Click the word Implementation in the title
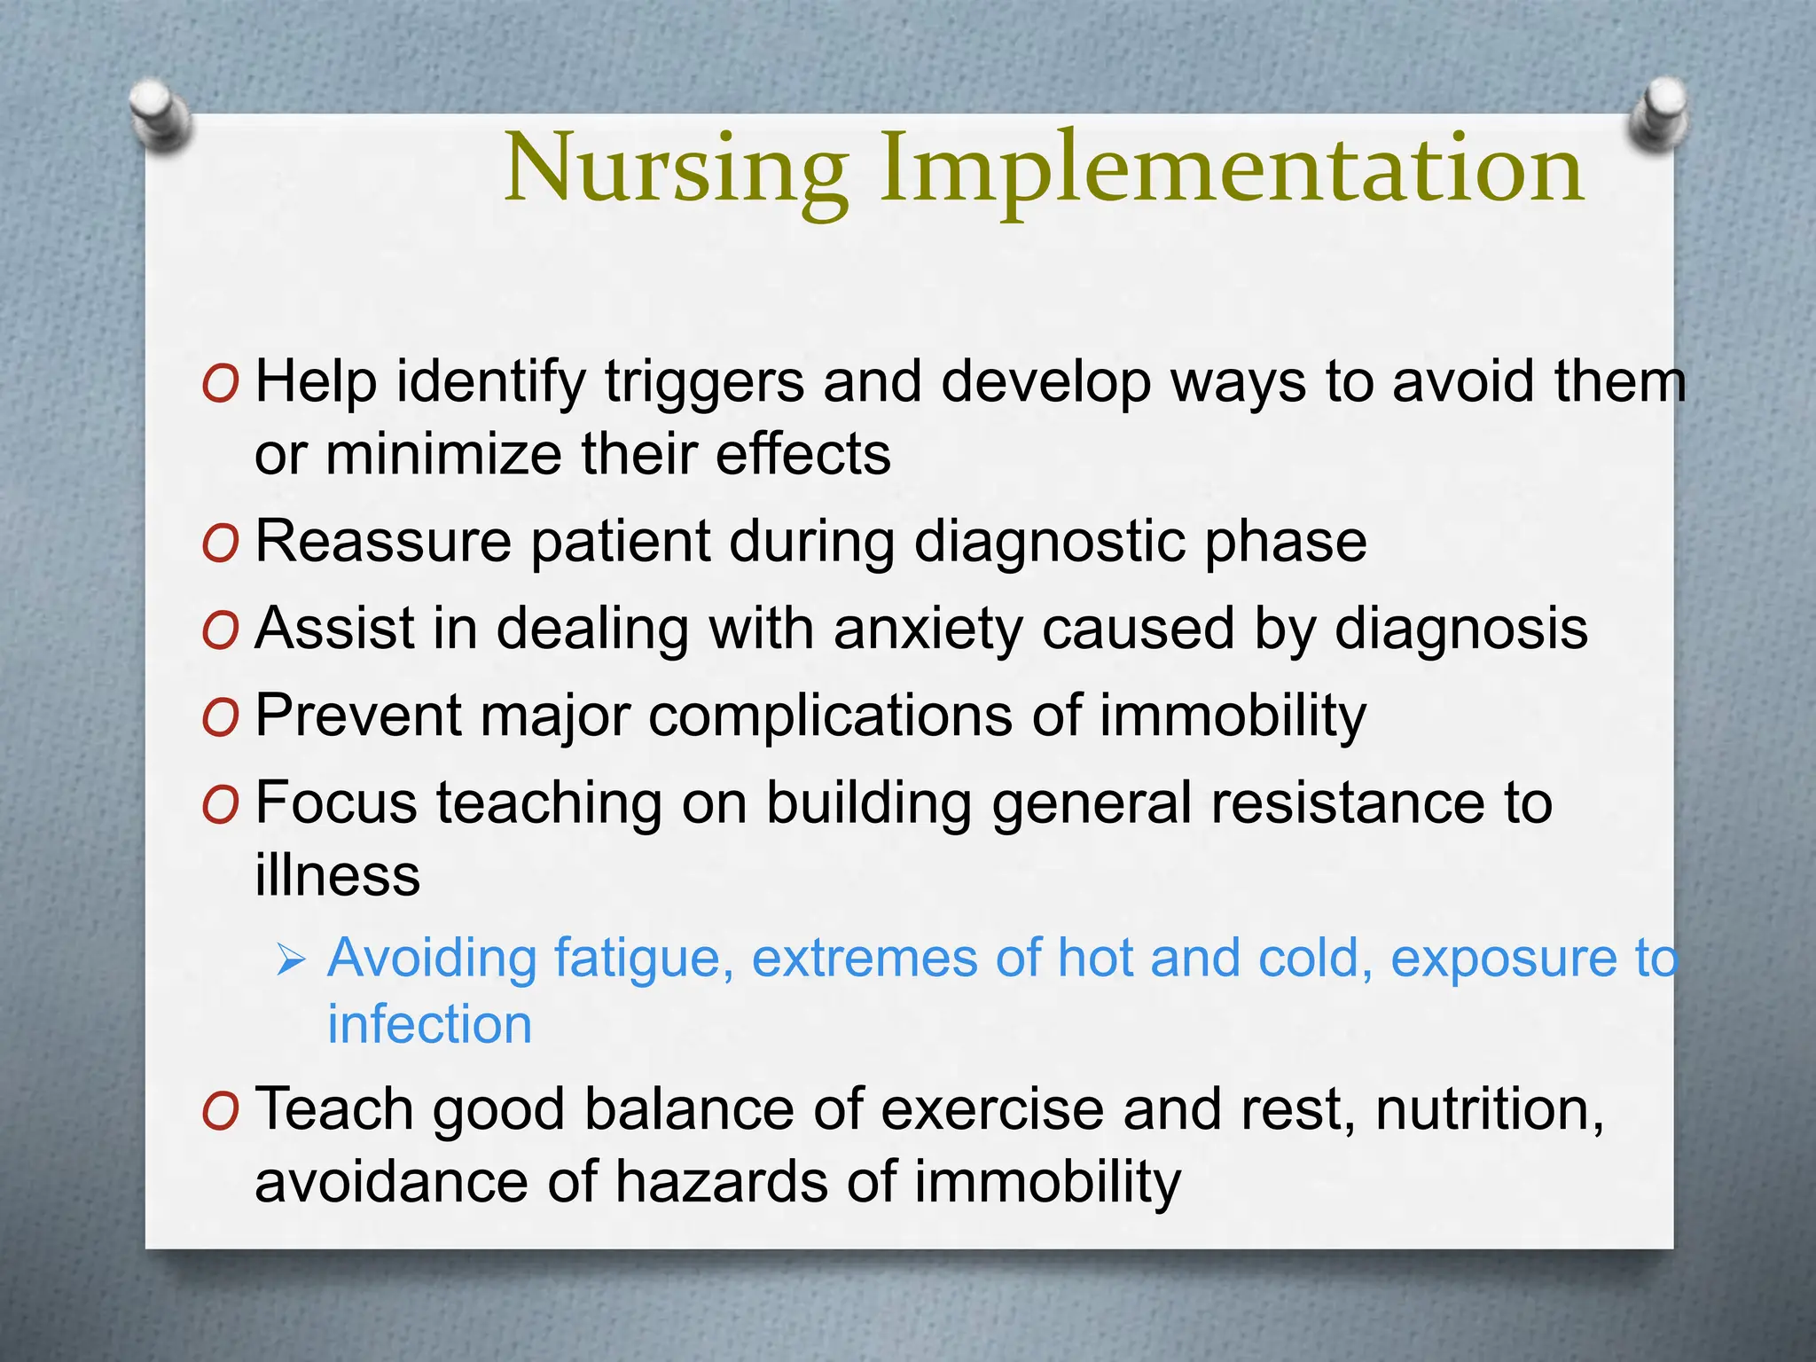[1232, 170]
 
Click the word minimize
[442, 455]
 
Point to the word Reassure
[383, 541]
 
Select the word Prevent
[358, 715]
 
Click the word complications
[830, 715]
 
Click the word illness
[337, 875]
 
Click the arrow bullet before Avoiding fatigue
[290, 959]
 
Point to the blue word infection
[429, 1025]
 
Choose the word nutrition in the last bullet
[1489, 1109]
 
